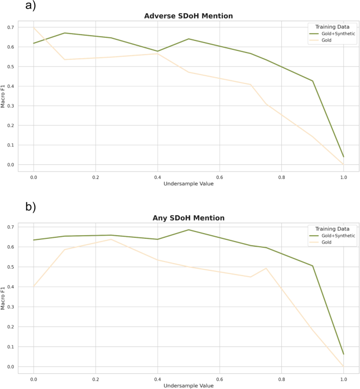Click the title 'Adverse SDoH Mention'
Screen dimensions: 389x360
pos(188,16)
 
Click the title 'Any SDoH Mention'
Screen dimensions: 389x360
pos(188,218)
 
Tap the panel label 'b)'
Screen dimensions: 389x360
pos(31,206)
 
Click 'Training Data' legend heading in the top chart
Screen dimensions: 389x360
pos(333,26)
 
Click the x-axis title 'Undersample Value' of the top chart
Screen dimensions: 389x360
pos(188,184)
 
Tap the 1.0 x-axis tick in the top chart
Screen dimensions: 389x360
pos(343,177)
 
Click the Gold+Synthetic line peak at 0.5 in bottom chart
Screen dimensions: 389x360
pos(189,230)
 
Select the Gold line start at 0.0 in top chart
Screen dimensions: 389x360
pos(34,28)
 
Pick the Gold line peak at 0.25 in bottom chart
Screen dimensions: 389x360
pos(111,239)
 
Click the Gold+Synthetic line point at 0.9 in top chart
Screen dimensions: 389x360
pos(313,81)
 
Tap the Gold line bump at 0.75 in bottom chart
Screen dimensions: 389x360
pos(266,268)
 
